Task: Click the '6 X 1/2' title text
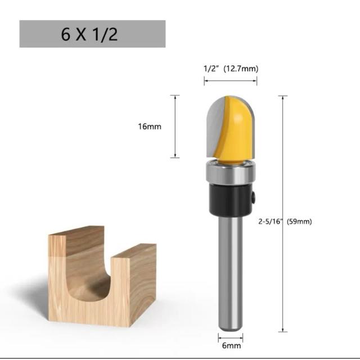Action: coord(89,34)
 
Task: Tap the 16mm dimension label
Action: coord(150,127)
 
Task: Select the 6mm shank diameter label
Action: coord(231,345)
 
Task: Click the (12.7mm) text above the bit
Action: coord(241,69)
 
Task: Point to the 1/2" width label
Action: coord(210,69)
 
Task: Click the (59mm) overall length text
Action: coord(299,222)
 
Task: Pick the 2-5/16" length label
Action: coord(270,222)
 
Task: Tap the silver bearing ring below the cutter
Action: coord(231,172)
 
